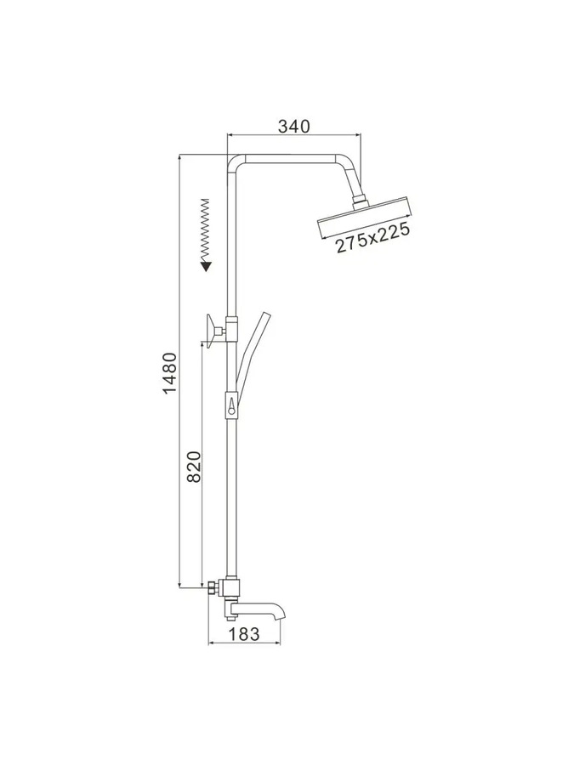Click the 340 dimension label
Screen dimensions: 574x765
click(294, 126)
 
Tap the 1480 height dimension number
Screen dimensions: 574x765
click(169, 373)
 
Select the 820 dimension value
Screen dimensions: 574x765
click(194, 467)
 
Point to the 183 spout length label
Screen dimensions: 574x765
click(244, 634)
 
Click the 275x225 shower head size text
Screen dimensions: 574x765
click(372, 238)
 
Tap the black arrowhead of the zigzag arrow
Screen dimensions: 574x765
click(207, 266)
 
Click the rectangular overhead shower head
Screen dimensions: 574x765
click(366, 218)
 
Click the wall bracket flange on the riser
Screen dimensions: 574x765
click(211, 331)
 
